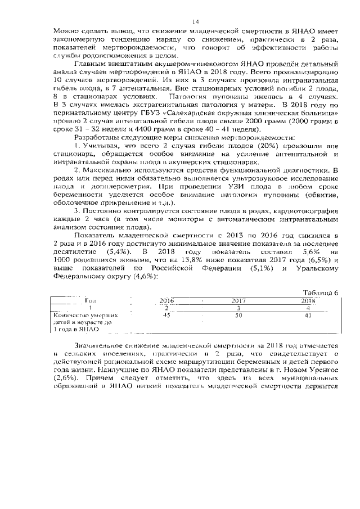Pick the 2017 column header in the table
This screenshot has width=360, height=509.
[238, 301]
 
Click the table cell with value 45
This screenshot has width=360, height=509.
[166, 316]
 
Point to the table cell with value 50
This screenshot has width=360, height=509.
[238, 316]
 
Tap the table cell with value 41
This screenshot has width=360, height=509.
[307, 316]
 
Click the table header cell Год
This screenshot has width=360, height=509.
[90, 301]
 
